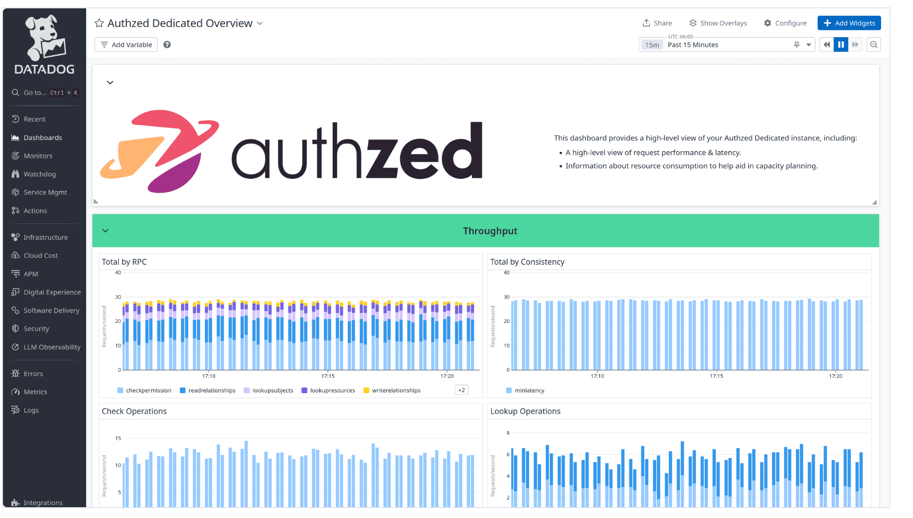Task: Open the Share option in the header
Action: pos(657,23)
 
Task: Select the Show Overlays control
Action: pos(718,23)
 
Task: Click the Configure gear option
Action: pos(785,23)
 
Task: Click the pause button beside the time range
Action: pos(841,45)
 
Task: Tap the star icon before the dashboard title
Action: pos(99,23)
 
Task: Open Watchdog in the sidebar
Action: pos(39,174)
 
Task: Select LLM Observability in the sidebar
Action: pos(52,347)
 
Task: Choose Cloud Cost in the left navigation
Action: pos(40,256)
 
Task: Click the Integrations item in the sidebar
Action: pos(43,503)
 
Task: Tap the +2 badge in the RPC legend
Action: pos(461,390)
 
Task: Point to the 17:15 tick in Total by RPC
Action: pos(328,376)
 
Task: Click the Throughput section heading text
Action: pos(490,231)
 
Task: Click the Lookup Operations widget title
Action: pos(525,411)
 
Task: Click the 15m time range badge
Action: pos(652,45)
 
